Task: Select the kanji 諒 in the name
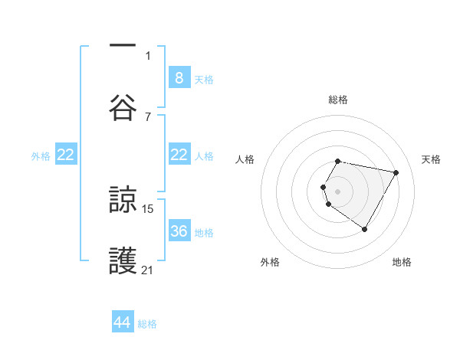(x=123, y=201)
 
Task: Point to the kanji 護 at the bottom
(x=123, y=261)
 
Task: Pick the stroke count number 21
(x=148, y=270)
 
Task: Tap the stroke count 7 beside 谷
(x=148, y=116)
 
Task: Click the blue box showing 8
(x=179, y=77)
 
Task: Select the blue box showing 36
(x=179, y=231)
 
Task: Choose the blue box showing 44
(x=123, y=322)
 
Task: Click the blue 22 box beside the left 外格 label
(x=66, y=155)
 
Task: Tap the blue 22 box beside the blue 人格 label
(x=179, y=155)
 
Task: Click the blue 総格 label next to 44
(x=147, y=324)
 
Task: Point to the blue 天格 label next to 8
(x=203, y=79)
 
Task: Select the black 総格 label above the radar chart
(x=338, y=100)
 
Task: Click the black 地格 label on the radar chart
(x=402, y=262)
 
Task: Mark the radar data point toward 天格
(x=396, y=173)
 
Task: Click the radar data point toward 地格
(x=364, y=230)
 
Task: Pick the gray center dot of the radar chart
(x=338, y=191)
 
